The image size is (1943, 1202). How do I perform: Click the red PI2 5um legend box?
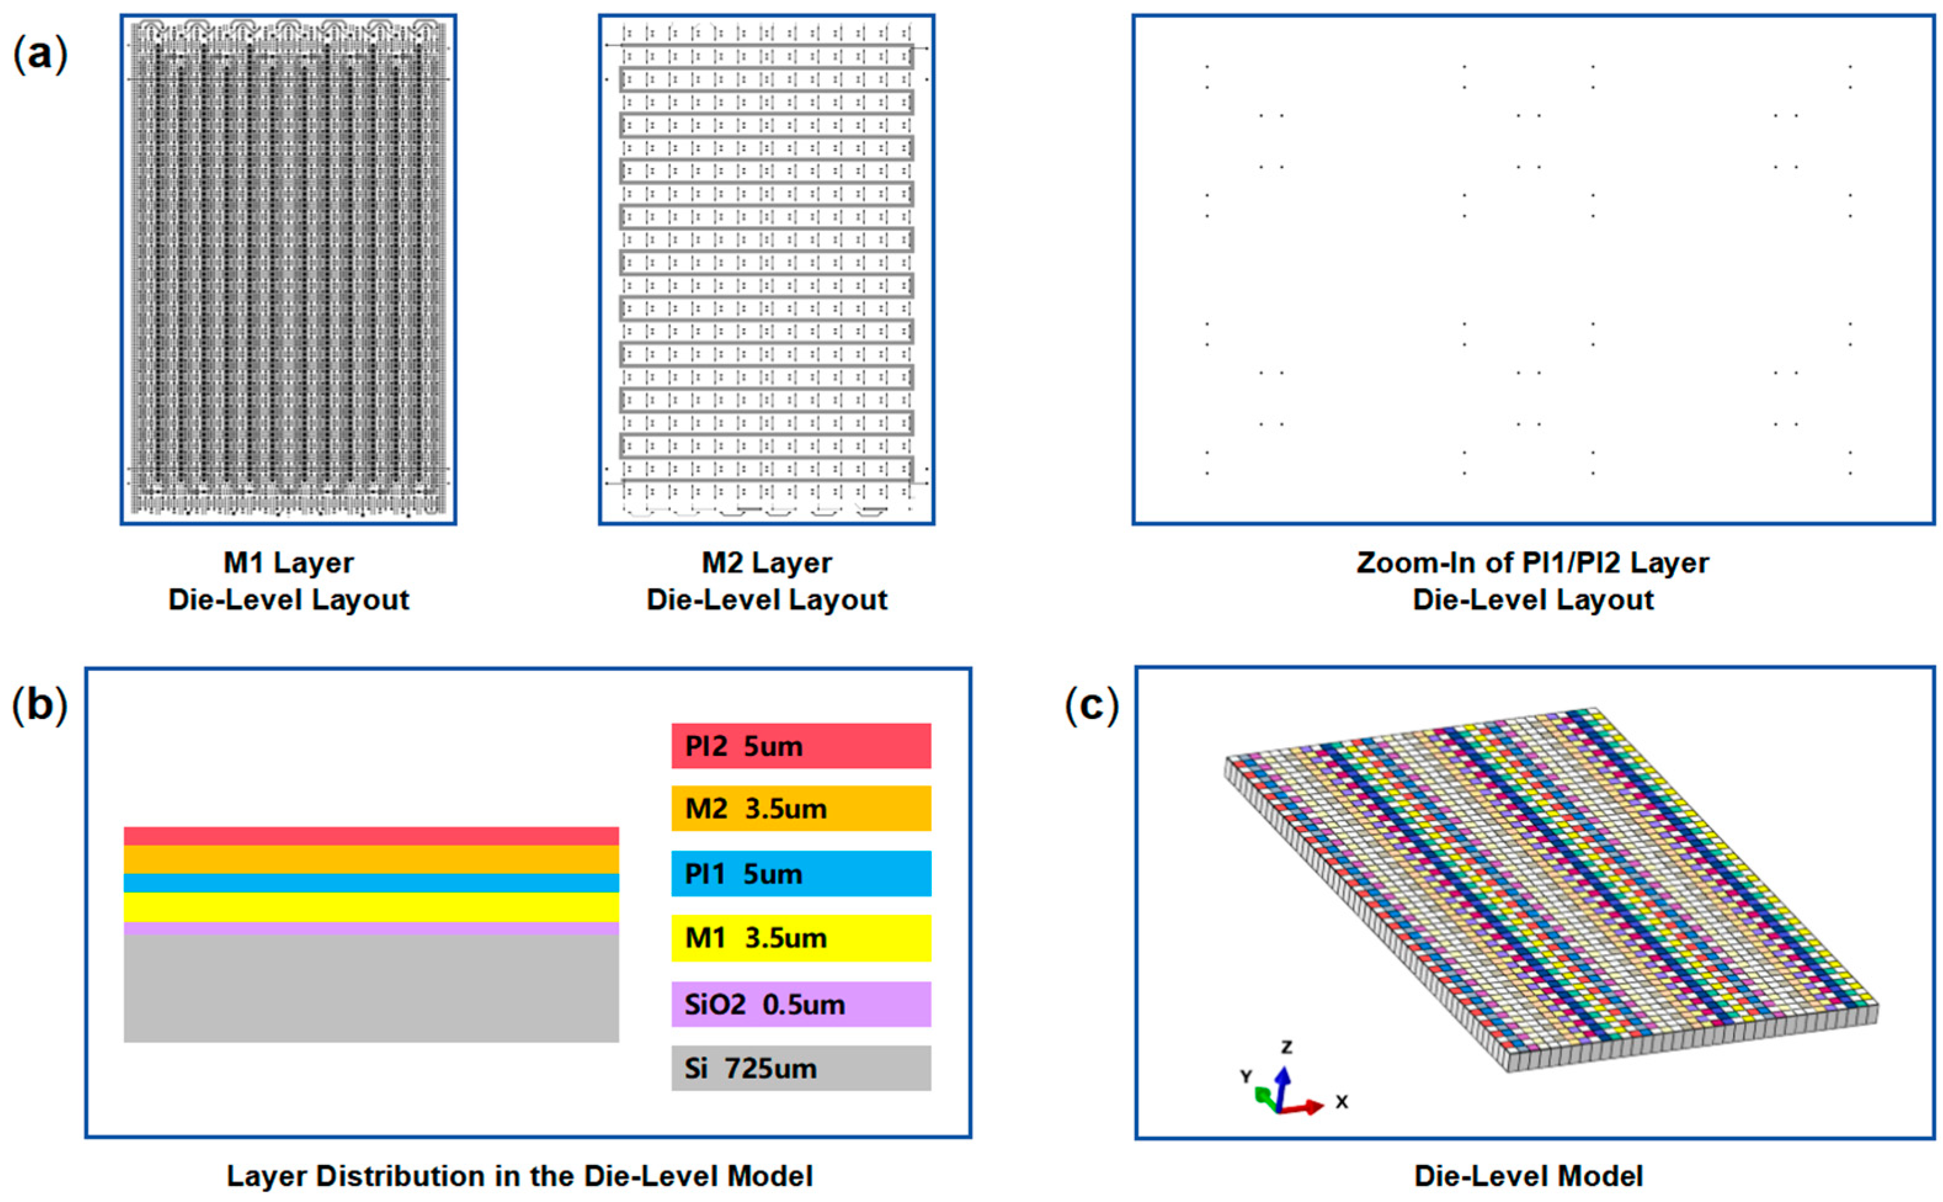pos(801,746)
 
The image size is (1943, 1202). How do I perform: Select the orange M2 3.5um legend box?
pos(801,809)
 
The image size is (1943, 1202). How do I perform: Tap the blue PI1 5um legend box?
pos(801,874)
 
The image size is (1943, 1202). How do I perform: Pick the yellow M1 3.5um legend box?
pos(801,938)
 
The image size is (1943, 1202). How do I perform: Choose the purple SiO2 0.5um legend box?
pos(801,1004)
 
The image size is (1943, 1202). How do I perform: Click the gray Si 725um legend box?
pos(801,1068)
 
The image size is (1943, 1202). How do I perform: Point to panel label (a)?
pos(40,54)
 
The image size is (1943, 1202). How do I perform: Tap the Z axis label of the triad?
pos(1286,1047)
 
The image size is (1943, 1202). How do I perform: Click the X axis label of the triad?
pos(1342,1102)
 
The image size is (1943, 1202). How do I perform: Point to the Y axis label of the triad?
pos(1246,1076)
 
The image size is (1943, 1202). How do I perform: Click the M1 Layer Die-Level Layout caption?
pos(289,581)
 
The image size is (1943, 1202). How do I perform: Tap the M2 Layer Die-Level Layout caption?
pos(766,581)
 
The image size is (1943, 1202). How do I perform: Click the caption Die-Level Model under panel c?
pos(1528,1176)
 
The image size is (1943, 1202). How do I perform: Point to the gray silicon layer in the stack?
pos(371,988)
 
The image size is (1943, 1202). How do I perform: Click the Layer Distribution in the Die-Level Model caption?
pos(520,1176)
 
